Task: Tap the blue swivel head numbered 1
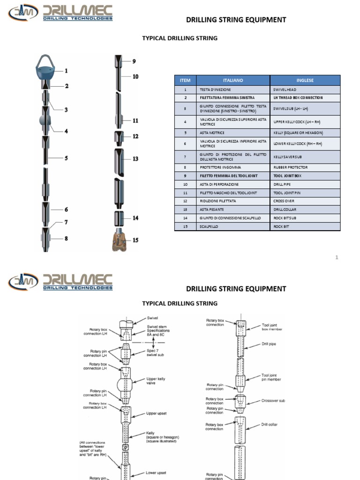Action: (x=46, y=71)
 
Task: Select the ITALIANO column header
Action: (x=233, y=80)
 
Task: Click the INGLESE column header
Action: (x=305, y=80)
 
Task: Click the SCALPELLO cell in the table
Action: (x=209, y=226)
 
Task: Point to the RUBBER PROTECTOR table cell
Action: (x=291, y=167)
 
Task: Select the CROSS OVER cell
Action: (x=284, y=201)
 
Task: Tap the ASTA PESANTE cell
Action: (x=210, y=210)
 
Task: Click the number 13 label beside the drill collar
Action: (x=135, y=159)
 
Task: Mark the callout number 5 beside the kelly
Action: (x=67, y=158)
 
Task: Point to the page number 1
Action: (x=337, y=257)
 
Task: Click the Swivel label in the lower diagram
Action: (x=153, y=317)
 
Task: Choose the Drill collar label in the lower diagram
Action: (x=269, y=425)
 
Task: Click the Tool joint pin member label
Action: (x=271, y=378)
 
